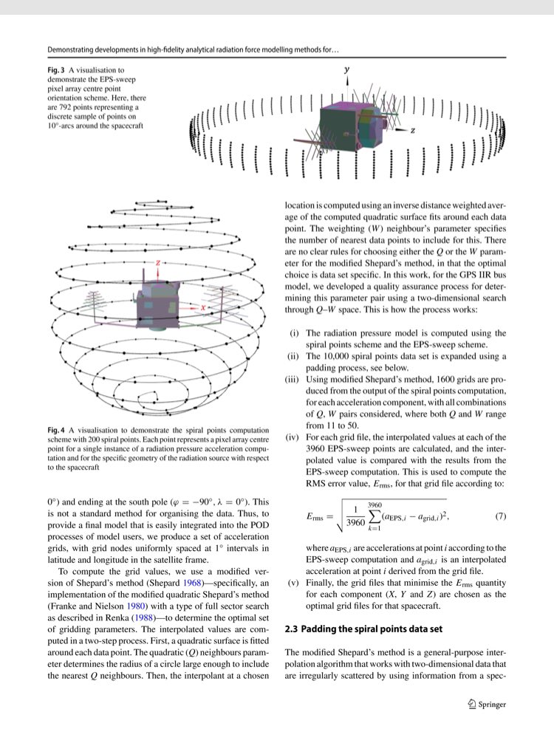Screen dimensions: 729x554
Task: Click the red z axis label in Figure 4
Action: (157, 262)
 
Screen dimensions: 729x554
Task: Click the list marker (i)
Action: (294, 333)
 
